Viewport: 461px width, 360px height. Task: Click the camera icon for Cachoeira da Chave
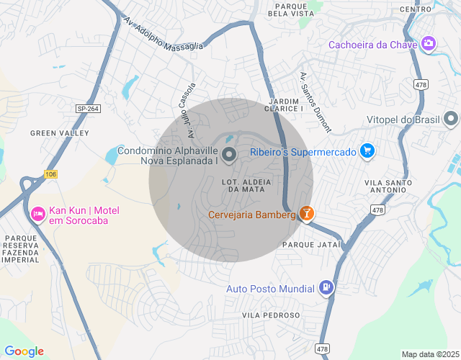[x=429, y=44]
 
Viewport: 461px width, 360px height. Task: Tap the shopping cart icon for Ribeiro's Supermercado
[x=367, y=151]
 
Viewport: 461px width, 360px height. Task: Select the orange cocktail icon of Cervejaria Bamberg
[x=307, y=214]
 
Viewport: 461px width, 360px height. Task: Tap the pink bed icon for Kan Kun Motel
[x=37, y=214]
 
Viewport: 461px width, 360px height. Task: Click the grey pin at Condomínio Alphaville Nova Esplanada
[x=229, y=154]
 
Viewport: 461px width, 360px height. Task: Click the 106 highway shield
[x=50, y=174]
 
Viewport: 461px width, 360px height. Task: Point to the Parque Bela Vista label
[x=290, y=9]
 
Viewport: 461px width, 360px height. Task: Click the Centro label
[x=415, y=9]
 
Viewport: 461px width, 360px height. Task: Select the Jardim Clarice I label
[x=285, y=104]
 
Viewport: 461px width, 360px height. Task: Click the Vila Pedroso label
[x=271, y=315]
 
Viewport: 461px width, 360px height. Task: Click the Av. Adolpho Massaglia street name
[x=163, y=33]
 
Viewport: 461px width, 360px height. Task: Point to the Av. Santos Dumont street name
[x=315, y=102]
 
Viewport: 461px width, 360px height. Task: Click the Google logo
[x=24, y=351]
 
